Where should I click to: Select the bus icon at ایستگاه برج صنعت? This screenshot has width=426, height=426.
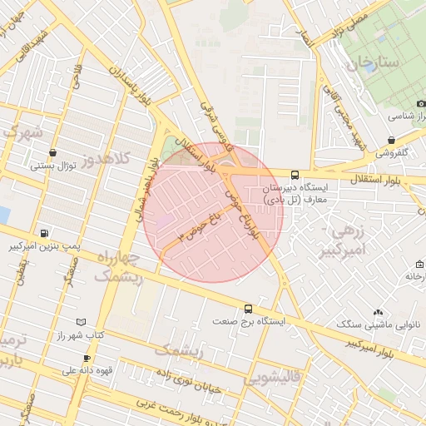[x=247, y=308]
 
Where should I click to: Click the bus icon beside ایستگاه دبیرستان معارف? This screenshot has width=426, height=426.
[x=295, y=175]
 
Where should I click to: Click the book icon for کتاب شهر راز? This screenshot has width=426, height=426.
[x=80, y=322]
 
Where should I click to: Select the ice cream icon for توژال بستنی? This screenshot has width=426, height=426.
[x=54, y=153]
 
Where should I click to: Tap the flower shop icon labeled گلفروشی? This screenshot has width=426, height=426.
[x=391, y=140]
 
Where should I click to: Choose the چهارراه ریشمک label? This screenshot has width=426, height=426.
[x=120, y=268]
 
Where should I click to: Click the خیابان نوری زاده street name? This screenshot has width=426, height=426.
[x=191, y=382]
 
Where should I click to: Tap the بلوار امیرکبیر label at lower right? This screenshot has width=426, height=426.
[x=354, y=342]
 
